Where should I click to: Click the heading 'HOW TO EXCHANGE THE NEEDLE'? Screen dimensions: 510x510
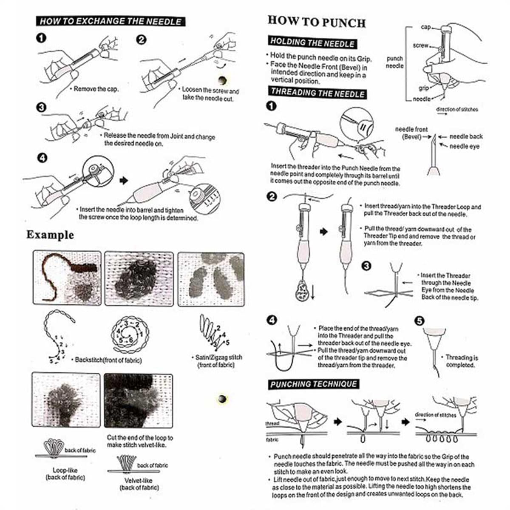click(x=110, y=21)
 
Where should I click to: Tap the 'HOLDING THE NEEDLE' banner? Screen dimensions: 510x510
click(x=312, y=42)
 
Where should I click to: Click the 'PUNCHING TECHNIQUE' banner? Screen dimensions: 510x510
click(x=313, y=384)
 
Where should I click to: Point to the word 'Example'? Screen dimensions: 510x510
click(x=50, y=235)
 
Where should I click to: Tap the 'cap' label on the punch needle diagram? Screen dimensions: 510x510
click(x=425, y=27)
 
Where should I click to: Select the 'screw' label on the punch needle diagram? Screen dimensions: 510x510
click(x=420, y=45)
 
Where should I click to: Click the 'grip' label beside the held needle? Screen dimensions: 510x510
click(x=424, y=88)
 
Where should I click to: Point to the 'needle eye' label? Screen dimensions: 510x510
click(x=465, y=146)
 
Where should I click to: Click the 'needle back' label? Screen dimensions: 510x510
click(x=466, y=136)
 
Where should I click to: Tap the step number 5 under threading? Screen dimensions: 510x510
click(x=419, y=320)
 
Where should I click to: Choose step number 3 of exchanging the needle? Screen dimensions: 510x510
click(x=41, y=108)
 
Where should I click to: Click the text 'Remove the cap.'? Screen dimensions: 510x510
click(x=96, y=89)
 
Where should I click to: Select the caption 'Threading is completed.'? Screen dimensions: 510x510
click(x=461, y=361)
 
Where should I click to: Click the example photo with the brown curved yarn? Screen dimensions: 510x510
click(x=67, y=278)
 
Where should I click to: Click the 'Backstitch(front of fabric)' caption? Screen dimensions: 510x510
click(x=108, y=360)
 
